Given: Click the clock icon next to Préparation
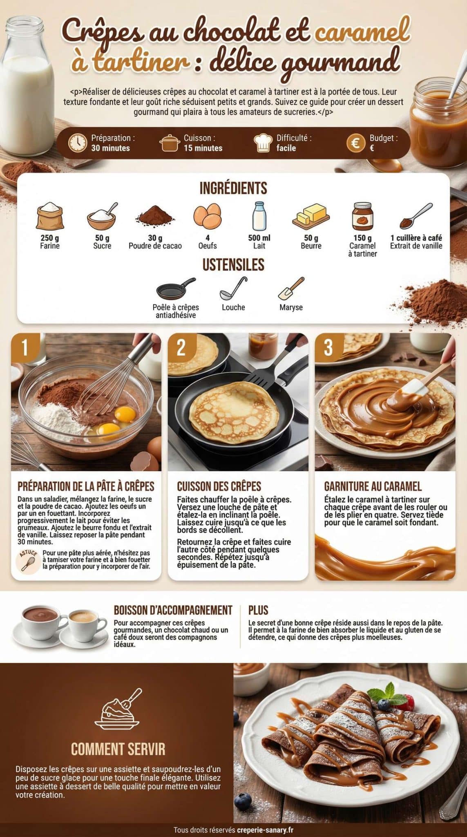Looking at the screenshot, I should (77, 143).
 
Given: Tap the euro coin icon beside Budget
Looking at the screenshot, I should (355, 143).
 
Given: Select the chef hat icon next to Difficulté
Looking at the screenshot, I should (264, 143).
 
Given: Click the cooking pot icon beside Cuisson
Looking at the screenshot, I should (170, 143).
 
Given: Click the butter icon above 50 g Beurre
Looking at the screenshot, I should (311, 216).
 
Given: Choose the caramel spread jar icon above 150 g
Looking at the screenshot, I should (363, 216).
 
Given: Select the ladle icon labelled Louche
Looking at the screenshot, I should (233, 288).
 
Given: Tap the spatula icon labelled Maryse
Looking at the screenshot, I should (291, 288).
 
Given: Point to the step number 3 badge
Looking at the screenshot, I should (328, 347).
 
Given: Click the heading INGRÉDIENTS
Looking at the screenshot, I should (233, 188).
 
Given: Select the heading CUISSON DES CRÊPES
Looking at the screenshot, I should (219, 486).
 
